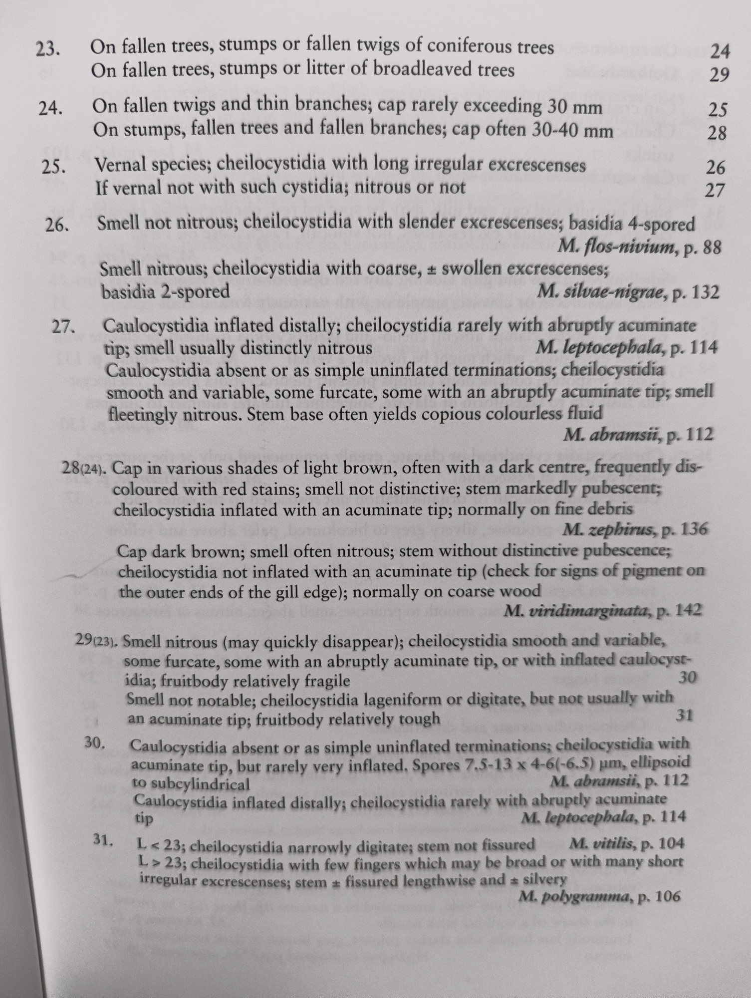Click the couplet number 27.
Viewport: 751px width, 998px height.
coord(63,327)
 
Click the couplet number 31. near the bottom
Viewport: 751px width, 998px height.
coord(103,840)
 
